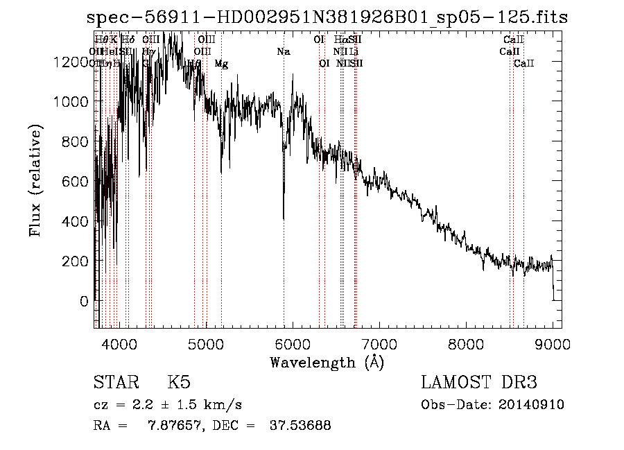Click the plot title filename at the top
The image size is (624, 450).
point(328,17)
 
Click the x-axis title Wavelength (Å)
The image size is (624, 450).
point(327,361)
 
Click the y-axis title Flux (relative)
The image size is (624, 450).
point(35,181)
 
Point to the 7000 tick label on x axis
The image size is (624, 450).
point(379,343)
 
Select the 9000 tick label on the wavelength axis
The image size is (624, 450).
point(552,343)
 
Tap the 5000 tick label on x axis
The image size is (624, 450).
point(205,343)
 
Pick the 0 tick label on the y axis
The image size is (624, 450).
point(84,301)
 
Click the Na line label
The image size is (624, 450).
point(283,51)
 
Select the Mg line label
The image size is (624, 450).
point(221,64)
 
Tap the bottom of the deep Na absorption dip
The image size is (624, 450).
point(284,218)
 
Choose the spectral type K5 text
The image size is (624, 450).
point(178,383)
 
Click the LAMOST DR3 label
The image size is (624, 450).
point(479,383)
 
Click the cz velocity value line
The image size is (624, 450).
point(167,404)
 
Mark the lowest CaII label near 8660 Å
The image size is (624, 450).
point(523,64)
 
